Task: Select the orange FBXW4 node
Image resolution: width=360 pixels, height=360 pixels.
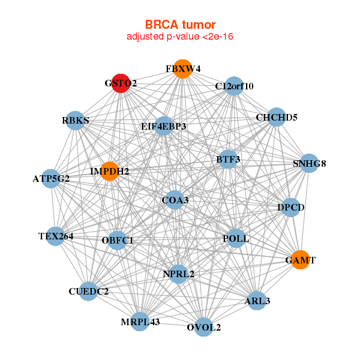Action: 182,69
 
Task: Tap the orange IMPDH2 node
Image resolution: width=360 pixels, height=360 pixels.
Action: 109,172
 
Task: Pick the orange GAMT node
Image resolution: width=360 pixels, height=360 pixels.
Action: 300,260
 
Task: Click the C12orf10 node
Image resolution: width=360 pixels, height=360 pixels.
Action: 235,86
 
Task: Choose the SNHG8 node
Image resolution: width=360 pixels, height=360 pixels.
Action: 309,163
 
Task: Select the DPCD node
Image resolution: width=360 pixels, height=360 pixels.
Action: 291,208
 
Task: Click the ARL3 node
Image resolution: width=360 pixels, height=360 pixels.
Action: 257,301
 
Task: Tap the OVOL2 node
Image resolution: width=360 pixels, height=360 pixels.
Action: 204,327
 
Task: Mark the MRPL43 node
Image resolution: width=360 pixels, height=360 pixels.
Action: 140,322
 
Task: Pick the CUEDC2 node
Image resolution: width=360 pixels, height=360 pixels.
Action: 88,292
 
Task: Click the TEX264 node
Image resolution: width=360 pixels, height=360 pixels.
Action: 55,236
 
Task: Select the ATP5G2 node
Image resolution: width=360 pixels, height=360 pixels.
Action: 51,178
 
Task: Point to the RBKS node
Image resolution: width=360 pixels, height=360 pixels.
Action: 75,121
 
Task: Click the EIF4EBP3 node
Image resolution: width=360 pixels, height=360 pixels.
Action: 163,127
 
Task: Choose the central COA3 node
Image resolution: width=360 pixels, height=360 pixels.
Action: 175,199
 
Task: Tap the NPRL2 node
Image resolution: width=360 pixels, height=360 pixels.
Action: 178,274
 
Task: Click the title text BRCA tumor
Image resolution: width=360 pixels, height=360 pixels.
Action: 180,25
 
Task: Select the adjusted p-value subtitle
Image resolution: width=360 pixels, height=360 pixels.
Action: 180,37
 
